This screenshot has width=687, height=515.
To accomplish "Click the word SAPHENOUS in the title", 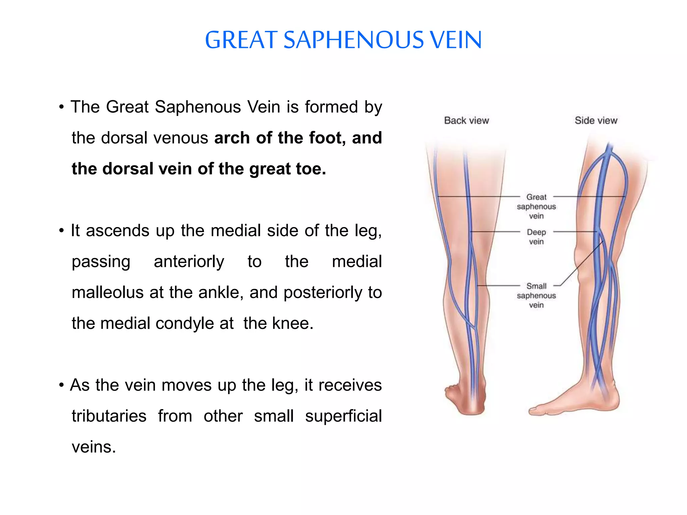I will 354,40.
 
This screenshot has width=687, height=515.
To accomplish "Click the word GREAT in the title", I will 241,40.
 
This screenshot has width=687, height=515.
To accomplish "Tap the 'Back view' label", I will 466,120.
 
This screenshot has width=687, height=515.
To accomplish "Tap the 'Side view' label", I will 596,120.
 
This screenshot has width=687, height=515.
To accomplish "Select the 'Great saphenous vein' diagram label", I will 536,206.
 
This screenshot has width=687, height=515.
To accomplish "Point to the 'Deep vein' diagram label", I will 536,237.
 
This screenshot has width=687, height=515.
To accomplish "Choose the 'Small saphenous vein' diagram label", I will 536,295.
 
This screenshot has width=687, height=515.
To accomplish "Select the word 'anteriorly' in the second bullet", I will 189,262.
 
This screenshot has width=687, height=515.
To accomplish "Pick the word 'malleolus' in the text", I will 108,292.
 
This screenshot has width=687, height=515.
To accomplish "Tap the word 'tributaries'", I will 109,416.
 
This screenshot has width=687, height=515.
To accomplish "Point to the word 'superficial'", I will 343,416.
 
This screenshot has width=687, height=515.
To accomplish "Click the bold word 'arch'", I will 232,138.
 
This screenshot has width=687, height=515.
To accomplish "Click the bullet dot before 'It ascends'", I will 61,231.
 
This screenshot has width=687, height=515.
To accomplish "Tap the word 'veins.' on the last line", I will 94,447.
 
